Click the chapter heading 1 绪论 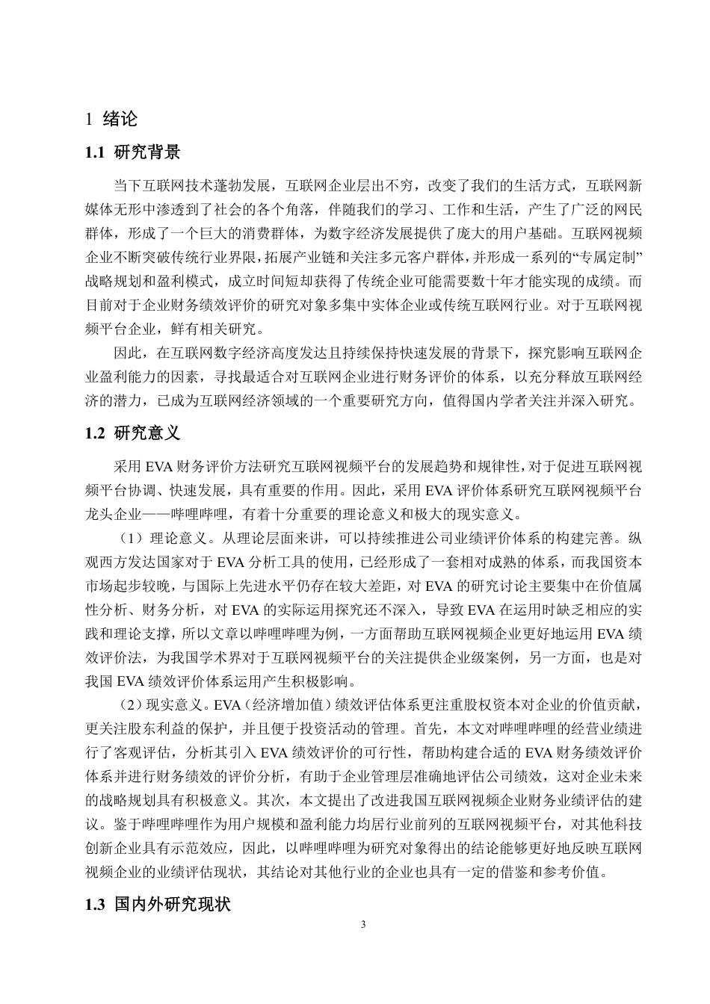[x=112, y=119]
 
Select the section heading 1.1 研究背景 [x=133, y=153]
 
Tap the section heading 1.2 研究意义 [x=133, y=433]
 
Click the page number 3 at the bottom [x=363, y=926]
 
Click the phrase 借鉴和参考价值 [x=540, y=870]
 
